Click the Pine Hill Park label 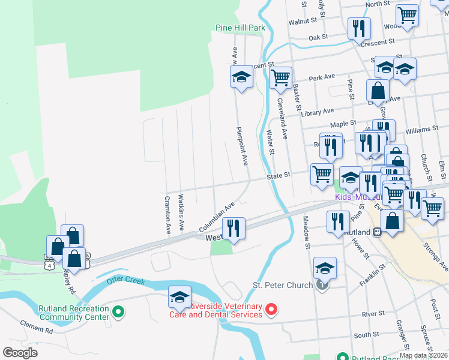coord(240,28)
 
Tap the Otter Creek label coord(126,280)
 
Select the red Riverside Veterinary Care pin coord(271,310)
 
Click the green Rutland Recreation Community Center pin coord(118,311)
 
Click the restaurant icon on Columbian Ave coord(233,228)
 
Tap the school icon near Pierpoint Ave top coord(241,77)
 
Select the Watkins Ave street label coord(181,214)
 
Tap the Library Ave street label coord(318,111)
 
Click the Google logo coord(21,353)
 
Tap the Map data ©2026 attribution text coord(423,355)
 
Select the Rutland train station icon coord(377,232)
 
